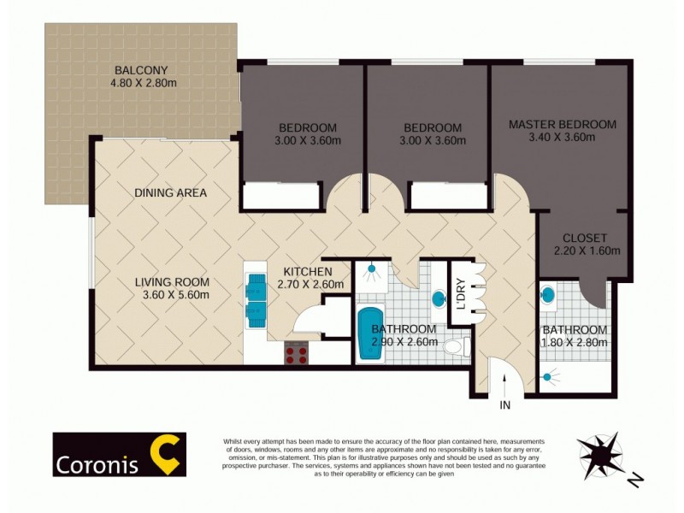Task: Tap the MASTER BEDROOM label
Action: [562, 124]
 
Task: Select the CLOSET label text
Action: [585, 238]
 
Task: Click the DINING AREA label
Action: [170, 193]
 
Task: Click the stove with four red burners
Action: [297, 352]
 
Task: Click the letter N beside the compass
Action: [634, 481]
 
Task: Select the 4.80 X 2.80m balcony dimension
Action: [143, 84]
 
